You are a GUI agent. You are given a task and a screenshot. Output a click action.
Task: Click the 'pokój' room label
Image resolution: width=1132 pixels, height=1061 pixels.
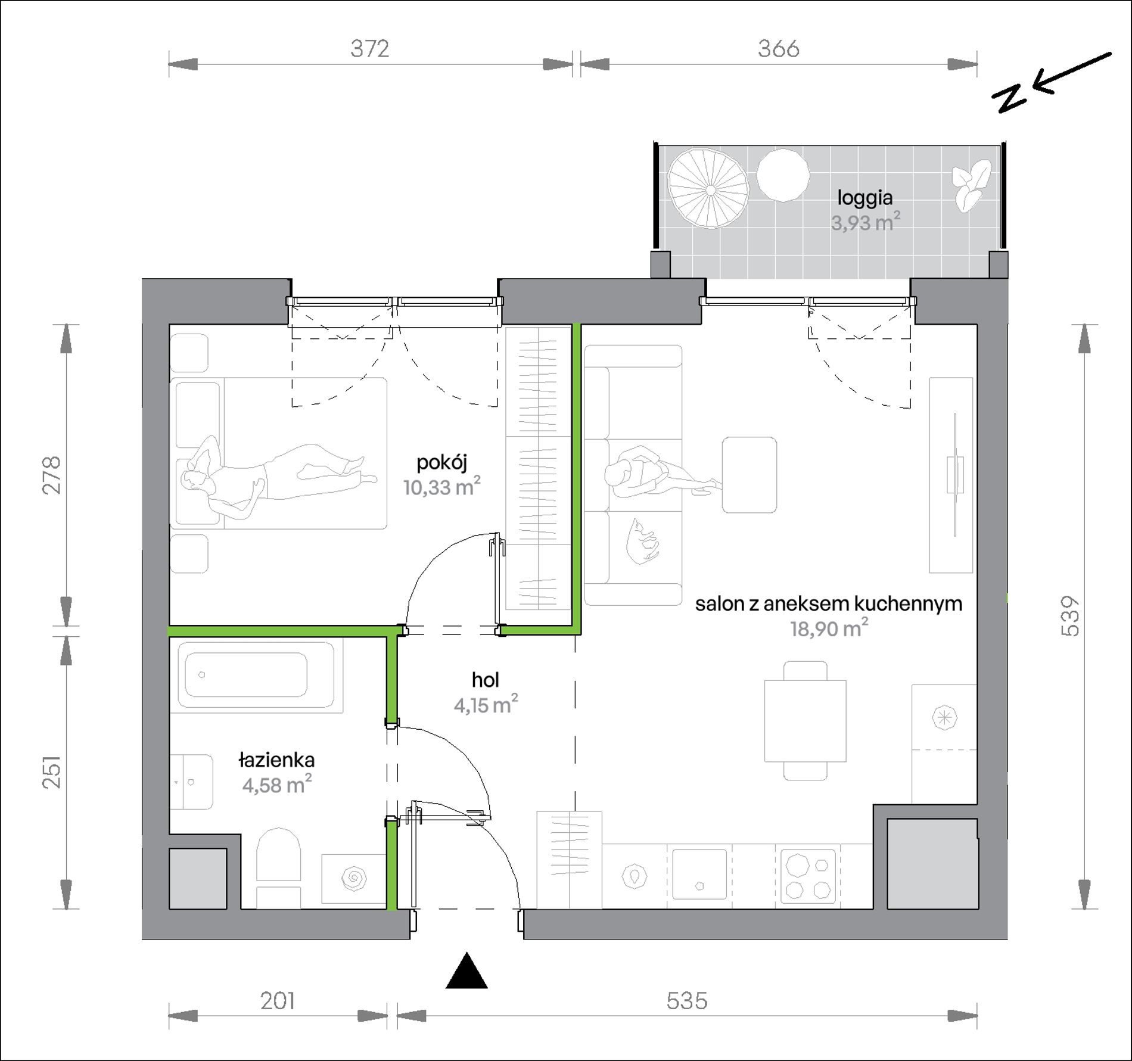click(x=441, y=463)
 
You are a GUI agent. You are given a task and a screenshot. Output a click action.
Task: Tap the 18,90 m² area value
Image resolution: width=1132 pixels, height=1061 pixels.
click(x=829, y=628)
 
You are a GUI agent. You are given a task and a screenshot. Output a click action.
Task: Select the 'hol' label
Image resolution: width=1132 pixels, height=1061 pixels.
click(x=485, y=680)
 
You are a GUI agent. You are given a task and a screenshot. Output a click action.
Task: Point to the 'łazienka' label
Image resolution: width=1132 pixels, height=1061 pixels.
click(x=276, y=760)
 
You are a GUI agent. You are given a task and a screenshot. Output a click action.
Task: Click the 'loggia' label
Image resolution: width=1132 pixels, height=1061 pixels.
click(x=865, y=197)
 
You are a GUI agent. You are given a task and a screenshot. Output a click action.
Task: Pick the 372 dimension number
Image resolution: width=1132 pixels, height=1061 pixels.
click(x=369, y=49)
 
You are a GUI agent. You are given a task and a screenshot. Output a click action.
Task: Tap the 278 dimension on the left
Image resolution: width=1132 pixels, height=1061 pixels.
click(x=52, y=475)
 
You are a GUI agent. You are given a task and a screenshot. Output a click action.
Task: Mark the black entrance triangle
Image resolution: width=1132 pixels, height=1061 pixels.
click(x=467, y=972)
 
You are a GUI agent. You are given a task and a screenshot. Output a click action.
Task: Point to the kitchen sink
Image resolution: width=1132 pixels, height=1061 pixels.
click(x=699, y=875)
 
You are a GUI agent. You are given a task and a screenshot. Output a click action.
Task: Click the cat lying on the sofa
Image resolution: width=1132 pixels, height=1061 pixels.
click(x=643, y=540)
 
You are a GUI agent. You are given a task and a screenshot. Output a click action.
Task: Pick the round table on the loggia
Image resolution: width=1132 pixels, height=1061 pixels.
click(x=783, y=174)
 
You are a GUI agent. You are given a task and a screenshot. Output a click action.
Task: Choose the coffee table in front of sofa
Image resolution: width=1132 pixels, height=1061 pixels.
click(x=749, y=475)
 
